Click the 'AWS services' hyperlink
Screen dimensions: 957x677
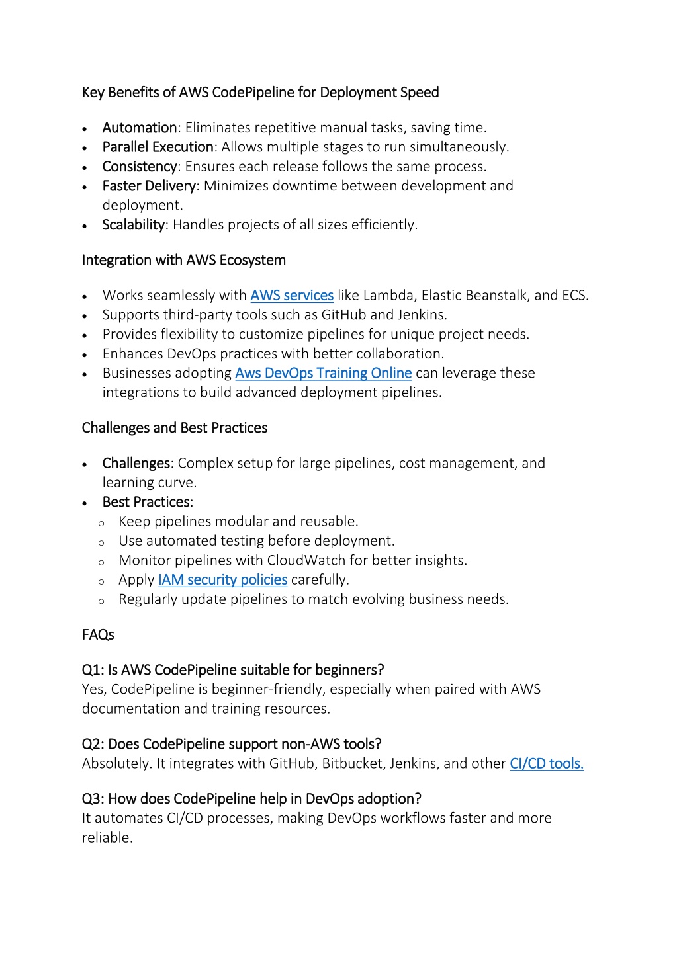292,296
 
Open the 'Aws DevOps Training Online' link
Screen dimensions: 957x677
323,374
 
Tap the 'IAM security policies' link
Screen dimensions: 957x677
222,580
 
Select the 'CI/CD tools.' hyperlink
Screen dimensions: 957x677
547,764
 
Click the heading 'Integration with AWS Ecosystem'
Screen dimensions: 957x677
183,261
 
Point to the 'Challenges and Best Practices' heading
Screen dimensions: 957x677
174,428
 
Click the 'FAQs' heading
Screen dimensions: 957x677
98,635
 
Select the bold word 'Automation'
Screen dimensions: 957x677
139,128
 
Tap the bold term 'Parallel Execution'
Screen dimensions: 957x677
158,147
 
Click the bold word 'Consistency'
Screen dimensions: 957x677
139,167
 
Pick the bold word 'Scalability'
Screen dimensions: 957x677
133,225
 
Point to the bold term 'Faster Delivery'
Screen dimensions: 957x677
149,186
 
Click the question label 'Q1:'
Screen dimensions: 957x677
93,670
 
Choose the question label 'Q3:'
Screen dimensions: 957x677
93,799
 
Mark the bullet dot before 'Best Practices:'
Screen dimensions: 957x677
85,503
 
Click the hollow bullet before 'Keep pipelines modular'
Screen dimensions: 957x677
101,523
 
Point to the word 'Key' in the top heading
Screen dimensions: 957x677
93,93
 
